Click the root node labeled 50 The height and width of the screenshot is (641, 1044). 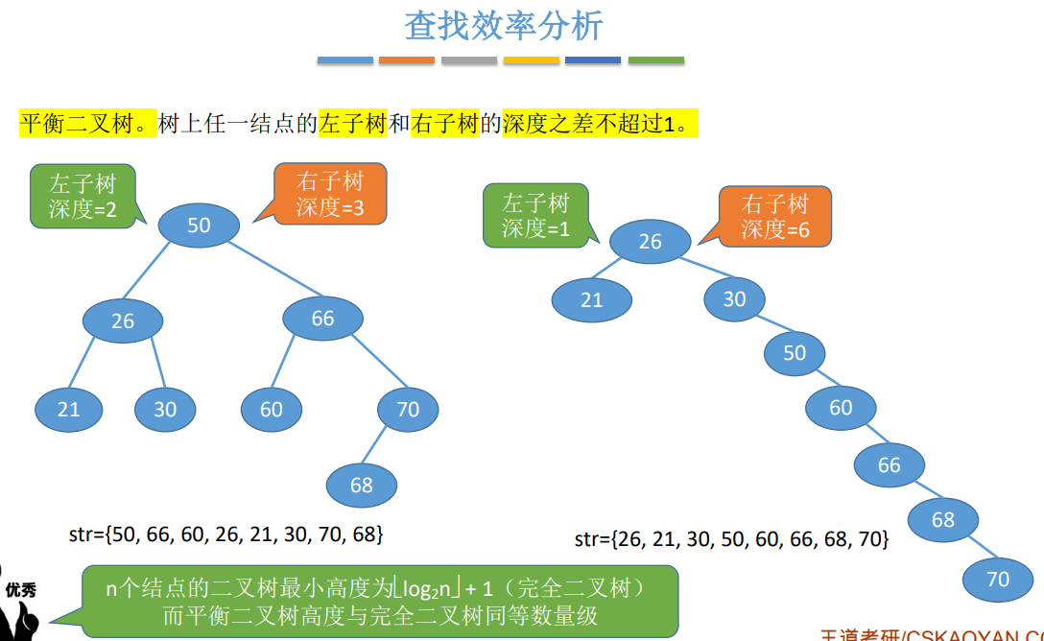coord(199,226)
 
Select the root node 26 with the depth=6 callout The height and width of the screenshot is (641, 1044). coord(650,241)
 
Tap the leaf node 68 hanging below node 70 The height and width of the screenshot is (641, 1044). coord(362,485)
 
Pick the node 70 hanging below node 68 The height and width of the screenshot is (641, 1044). coord(999,579)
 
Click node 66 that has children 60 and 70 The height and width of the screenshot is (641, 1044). coord(323,318)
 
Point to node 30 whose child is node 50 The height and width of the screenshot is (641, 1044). coord(734,298)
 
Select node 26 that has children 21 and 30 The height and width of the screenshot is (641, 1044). coord(123,320)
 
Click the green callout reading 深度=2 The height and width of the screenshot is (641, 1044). coord(83,196)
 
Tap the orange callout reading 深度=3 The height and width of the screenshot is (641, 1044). coord(329,194)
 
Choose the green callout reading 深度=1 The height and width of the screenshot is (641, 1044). coord(535,216)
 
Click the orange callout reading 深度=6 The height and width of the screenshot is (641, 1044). coord(774,216)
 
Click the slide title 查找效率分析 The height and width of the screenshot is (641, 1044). coord(503,26)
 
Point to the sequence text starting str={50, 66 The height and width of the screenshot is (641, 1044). coord(226,533)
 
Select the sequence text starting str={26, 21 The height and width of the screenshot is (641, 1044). coord(731,539)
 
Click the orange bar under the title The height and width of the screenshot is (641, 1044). coord(407,60)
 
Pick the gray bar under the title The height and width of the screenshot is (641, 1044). coord(469,60)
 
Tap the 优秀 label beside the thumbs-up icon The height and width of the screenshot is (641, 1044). coord(20,590)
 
